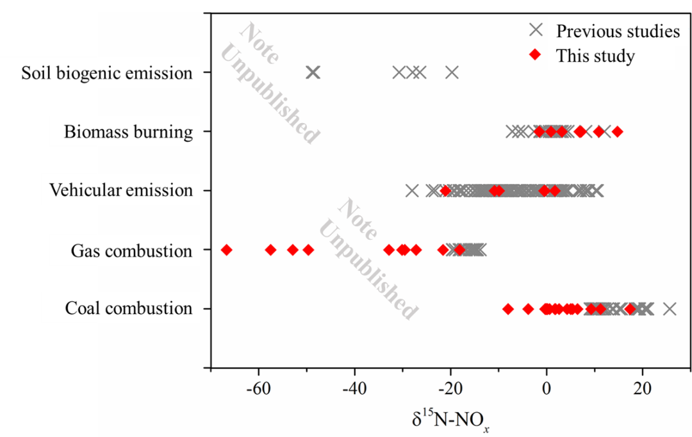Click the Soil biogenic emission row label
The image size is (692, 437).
pyautogui.click(x=107, y=73)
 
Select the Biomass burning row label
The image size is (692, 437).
pyautogui.click(x=128, y=132)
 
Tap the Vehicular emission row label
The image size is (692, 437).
pyautogui.click(x=121, y=190)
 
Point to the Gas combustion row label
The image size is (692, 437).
pyautogui.click(x=131, y=250)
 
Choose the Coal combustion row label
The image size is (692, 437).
pyautogui.click(x=128, y=308)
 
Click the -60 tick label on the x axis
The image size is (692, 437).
pyautogui.click(x=258, y=390)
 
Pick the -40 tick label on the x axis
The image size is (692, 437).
pyautogui.click(x=354, y=390)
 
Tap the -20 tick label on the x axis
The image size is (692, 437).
pyautogui.click(x=450, y=390)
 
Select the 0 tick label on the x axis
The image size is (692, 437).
pyautogui.click(x=547, y=390)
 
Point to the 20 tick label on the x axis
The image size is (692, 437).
pyautogui.click(x=642, y=390)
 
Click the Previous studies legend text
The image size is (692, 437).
pyautogui.click(x=618, y=31)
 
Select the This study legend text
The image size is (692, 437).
pyautogui.click(x=595, y=56)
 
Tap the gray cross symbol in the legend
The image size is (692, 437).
pyautogui.click(x=536, y=30)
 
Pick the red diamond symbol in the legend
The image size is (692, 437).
pyautogui.click(x=536, y=56)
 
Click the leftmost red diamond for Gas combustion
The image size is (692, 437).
pyautogui.click(x=226, y=250)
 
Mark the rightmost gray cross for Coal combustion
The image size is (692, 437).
pyautogui.click(x=670, y=309)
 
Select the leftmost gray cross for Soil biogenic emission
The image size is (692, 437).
pyautogui.click(x=312, y=72)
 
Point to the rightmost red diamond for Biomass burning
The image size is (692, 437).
pyautogui.click(x=617, y=132)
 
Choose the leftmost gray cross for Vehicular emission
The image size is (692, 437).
pyautogui.click(x=412, y=190)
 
